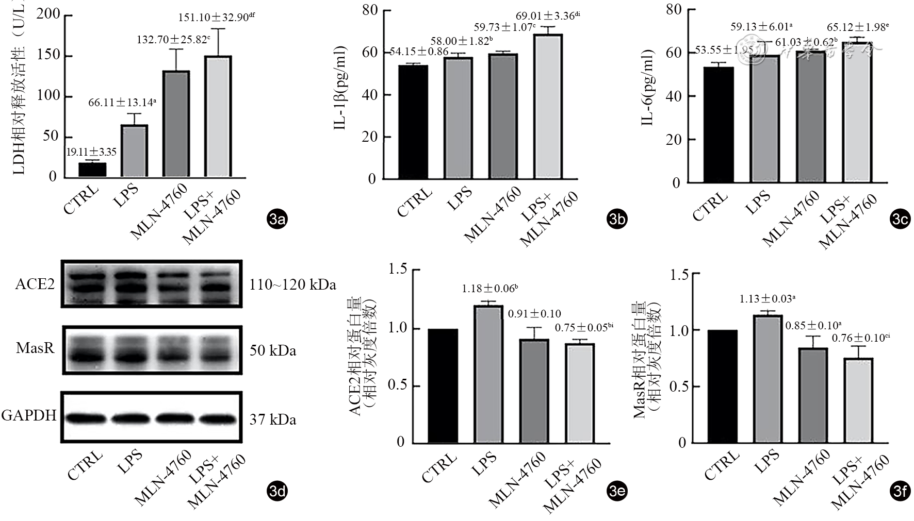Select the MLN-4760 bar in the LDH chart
click(176, 124)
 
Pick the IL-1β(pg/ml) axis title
click(340, 87)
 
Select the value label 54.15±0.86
click(418, 52)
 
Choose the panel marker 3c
click(900, 220)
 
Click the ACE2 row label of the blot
click(35, 284)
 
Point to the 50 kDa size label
click(273, 351)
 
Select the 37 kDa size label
click(273, 420)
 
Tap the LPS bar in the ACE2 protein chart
click(488, 374)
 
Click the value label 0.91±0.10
click(534, 314)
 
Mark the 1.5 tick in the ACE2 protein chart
click(398, 269)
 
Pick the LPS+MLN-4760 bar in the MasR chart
click(858, 400)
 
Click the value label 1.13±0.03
click(765, 299)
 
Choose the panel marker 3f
click(900, 491)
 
